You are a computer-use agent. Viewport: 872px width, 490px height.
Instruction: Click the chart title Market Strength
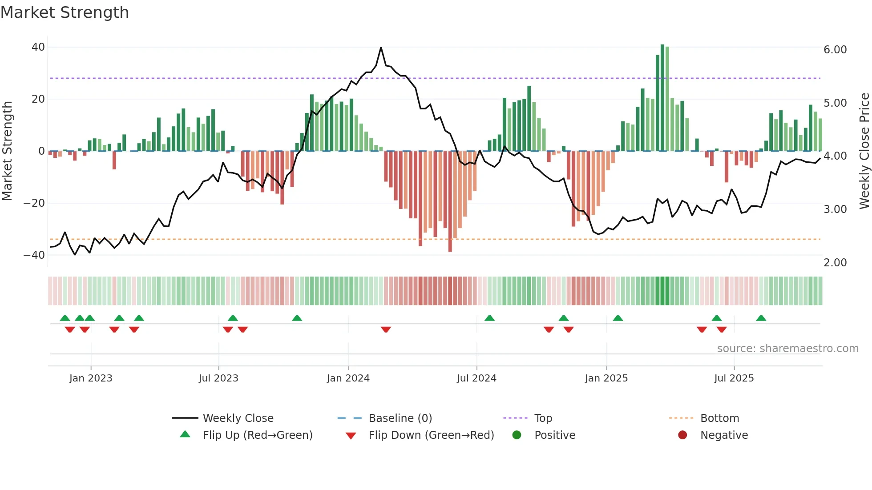tap(65, 12)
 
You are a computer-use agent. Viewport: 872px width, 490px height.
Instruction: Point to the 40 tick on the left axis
tap(38, 47)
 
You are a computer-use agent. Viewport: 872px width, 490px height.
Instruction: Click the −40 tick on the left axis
tap(34, 255)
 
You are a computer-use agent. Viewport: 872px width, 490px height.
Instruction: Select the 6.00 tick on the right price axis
tap(835, 50)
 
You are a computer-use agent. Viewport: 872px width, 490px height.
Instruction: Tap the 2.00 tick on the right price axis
tap(835, 263)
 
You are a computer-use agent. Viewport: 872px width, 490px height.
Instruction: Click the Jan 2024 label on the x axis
tap(348, 378)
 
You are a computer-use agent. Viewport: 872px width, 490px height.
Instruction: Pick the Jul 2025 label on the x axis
tap(734, 378)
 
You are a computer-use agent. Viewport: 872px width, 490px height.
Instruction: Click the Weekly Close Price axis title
tap(864, 151)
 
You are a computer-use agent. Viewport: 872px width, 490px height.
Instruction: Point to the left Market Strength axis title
tap(7, 151)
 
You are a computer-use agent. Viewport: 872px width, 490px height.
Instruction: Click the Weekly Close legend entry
tap(238, 418)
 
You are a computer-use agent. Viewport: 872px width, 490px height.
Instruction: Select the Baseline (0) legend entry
tap(400, 418)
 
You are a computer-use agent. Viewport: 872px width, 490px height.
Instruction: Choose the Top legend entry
tap(543, 418)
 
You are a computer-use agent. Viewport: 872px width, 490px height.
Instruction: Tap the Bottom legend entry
tap(719, 418)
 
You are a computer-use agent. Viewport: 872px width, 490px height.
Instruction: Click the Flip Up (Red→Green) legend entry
tap(257, 435)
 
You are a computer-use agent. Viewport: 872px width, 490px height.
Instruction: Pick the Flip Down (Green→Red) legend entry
tap(431, 435)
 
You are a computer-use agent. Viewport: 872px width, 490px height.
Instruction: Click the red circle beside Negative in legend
tap(682, 435)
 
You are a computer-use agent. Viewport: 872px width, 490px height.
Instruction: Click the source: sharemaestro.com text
tap(787, 349)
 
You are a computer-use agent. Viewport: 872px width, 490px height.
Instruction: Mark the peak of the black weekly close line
tap(381, 48)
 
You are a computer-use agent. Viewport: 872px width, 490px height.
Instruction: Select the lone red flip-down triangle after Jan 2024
tap(386, 329)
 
